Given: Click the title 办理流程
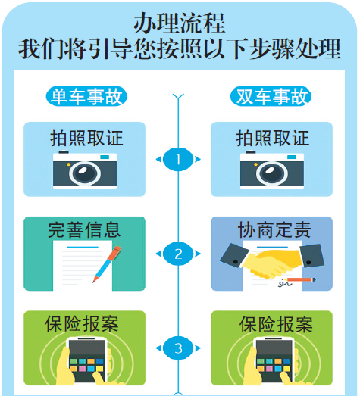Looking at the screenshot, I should pos(180,20).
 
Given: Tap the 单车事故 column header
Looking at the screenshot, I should pos(86,96).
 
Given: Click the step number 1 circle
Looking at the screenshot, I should pos(179,160).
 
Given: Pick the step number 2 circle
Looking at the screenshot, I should pos(179,254).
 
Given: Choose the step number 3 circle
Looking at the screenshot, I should pos(179,348).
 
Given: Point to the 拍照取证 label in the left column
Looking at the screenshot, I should pos(86,138).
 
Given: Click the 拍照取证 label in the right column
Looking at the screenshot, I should pos(272,138).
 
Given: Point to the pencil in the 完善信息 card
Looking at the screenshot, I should pos(107,264).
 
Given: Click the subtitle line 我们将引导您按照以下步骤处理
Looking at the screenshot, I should pos(180,48).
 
